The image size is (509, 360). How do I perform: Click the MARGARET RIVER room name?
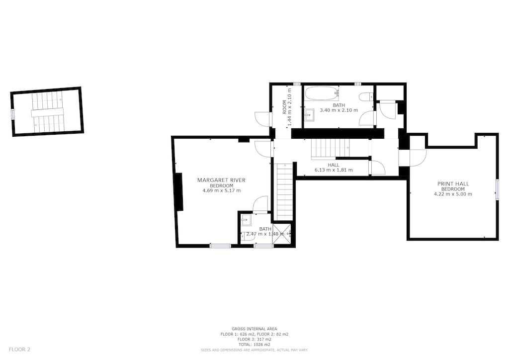tap(221, 180)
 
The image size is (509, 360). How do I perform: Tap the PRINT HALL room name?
tap(453, 183)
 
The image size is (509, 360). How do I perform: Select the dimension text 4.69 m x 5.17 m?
tap(221, 190)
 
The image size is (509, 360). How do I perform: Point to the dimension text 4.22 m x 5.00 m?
tap(453, 194)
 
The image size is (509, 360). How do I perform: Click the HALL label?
tap(334, 165)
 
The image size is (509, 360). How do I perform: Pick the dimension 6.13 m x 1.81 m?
tap(334, 170)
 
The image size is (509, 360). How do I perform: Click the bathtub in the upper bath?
tap(322, 93)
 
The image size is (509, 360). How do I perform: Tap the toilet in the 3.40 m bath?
tap(367, 97)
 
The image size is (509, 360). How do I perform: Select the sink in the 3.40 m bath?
tap(310, 115)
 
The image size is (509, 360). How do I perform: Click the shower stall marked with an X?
tap(281, 233)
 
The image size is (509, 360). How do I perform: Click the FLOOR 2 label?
tap(19, 350)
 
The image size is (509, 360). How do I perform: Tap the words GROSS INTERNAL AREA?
tap(254, 329)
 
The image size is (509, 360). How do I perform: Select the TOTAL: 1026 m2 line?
tap(254, 345)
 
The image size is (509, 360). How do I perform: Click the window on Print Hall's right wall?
tap(497, 190)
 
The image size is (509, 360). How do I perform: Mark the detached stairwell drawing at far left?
tap(47, 112)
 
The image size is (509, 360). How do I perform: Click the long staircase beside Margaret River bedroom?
tap(285, 192)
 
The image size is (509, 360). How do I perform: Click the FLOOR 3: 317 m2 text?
tap(254, 339)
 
